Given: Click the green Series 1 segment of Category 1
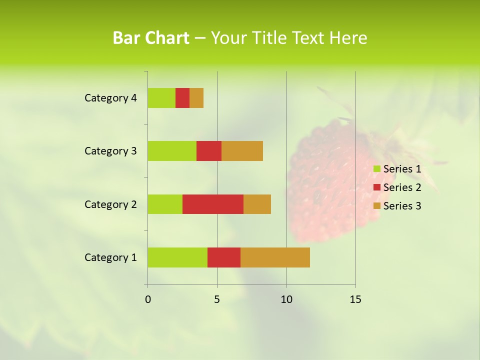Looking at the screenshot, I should coord(177,257).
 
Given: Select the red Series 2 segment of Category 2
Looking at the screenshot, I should coord(213,204).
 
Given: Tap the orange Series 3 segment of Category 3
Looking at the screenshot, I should coord(242,150).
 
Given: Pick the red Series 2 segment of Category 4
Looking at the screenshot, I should coord(182,98).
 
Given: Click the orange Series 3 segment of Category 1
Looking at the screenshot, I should coord(275,257).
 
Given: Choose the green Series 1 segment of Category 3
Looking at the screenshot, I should coord(172,150).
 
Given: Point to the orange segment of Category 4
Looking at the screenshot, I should coord(196,98).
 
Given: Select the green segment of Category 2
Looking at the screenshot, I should coord(165,204).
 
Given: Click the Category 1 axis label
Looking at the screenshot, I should coord(110,257).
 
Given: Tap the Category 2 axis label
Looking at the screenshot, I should coord(110,204).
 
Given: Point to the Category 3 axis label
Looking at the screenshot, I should coord(110,151).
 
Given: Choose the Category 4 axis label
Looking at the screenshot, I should coord(110,98).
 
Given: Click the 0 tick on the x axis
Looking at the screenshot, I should coord(148,300).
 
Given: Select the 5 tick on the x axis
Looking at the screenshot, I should coord(217,300).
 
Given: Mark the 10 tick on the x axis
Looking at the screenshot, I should coord(286,300).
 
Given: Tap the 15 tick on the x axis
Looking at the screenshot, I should coord(355,300).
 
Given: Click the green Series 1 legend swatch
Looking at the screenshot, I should coord(377,169).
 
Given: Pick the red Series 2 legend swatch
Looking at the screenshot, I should coord(377,187).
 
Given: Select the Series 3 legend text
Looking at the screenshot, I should coord(402,206).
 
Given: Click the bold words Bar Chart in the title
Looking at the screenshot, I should coord(151,38).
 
